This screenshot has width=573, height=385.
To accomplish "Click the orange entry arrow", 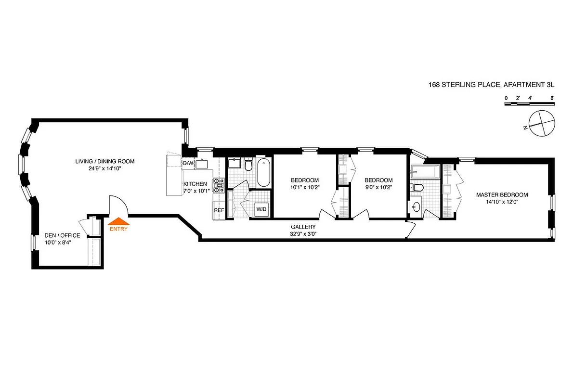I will click(x=118, y=221).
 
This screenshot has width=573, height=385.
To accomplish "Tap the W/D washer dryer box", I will click(x=261, y=209).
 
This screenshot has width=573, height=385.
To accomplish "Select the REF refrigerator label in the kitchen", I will click(x=219, y=210).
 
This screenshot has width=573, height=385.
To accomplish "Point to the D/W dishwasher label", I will click(x=189, y=163).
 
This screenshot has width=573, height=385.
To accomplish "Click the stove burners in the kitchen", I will click(x=219, y=185).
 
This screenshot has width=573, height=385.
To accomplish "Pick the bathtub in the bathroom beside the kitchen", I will click(x=263, y=174).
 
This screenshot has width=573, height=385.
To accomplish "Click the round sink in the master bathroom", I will click(x=416, y=207).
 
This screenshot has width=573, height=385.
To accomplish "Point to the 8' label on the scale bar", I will click(x=553, y=98).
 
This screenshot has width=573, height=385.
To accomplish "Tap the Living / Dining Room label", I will click(x=104, y=161).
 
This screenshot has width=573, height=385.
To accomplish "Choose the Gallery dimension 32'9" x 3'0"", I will click(x=303, y=234).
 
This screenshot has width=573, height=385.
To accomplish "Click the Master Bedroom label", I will click(x=502, y=195).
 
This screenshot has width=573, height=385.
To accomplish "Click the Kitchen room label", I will click(x=195, y=184).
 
